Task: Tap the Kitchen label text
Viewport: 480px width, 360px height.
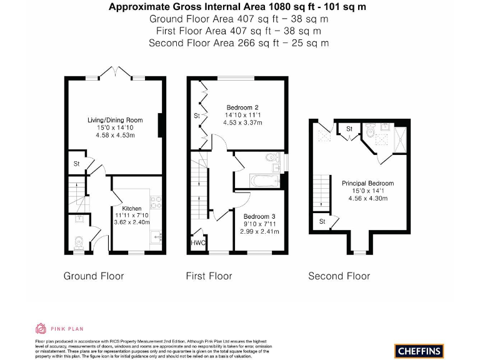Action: pyautogui.click(x=132, y=208)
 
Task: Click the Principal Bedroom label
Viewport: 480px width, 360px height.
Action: pyautogui.click(x=367, y=183)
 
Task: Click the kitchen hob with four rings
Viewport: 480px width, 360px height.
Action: pyautogui.click(x=157, y=202)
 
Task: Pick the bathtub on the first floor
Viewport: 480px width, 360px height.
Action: pyautogui.click(x=257, y=182)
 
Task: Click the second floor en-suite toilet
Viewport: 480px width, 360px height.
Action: pyautogui.click(x=371, y=131)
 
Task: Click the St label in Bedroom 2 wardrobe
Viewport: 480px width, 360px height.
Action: pyautogui.click(x=196, y=116)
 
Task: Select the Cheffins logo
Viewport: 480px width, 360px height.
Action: pyautogui.click(x=419, y=350)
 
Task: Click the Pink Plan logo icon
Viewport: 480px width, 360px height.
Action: pyautogui.click(x=41, y=328)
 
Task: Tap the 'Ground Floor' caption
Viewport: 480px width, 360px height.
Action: pyautogui.click(x=94, y=276)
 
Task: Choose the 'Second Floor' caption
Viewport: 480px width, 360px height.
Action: pyautogui.click(x=339, y=276)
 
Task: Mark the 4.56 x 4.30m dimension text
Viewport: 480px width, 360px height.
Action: pyautogui.click(x=367, y=198)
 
